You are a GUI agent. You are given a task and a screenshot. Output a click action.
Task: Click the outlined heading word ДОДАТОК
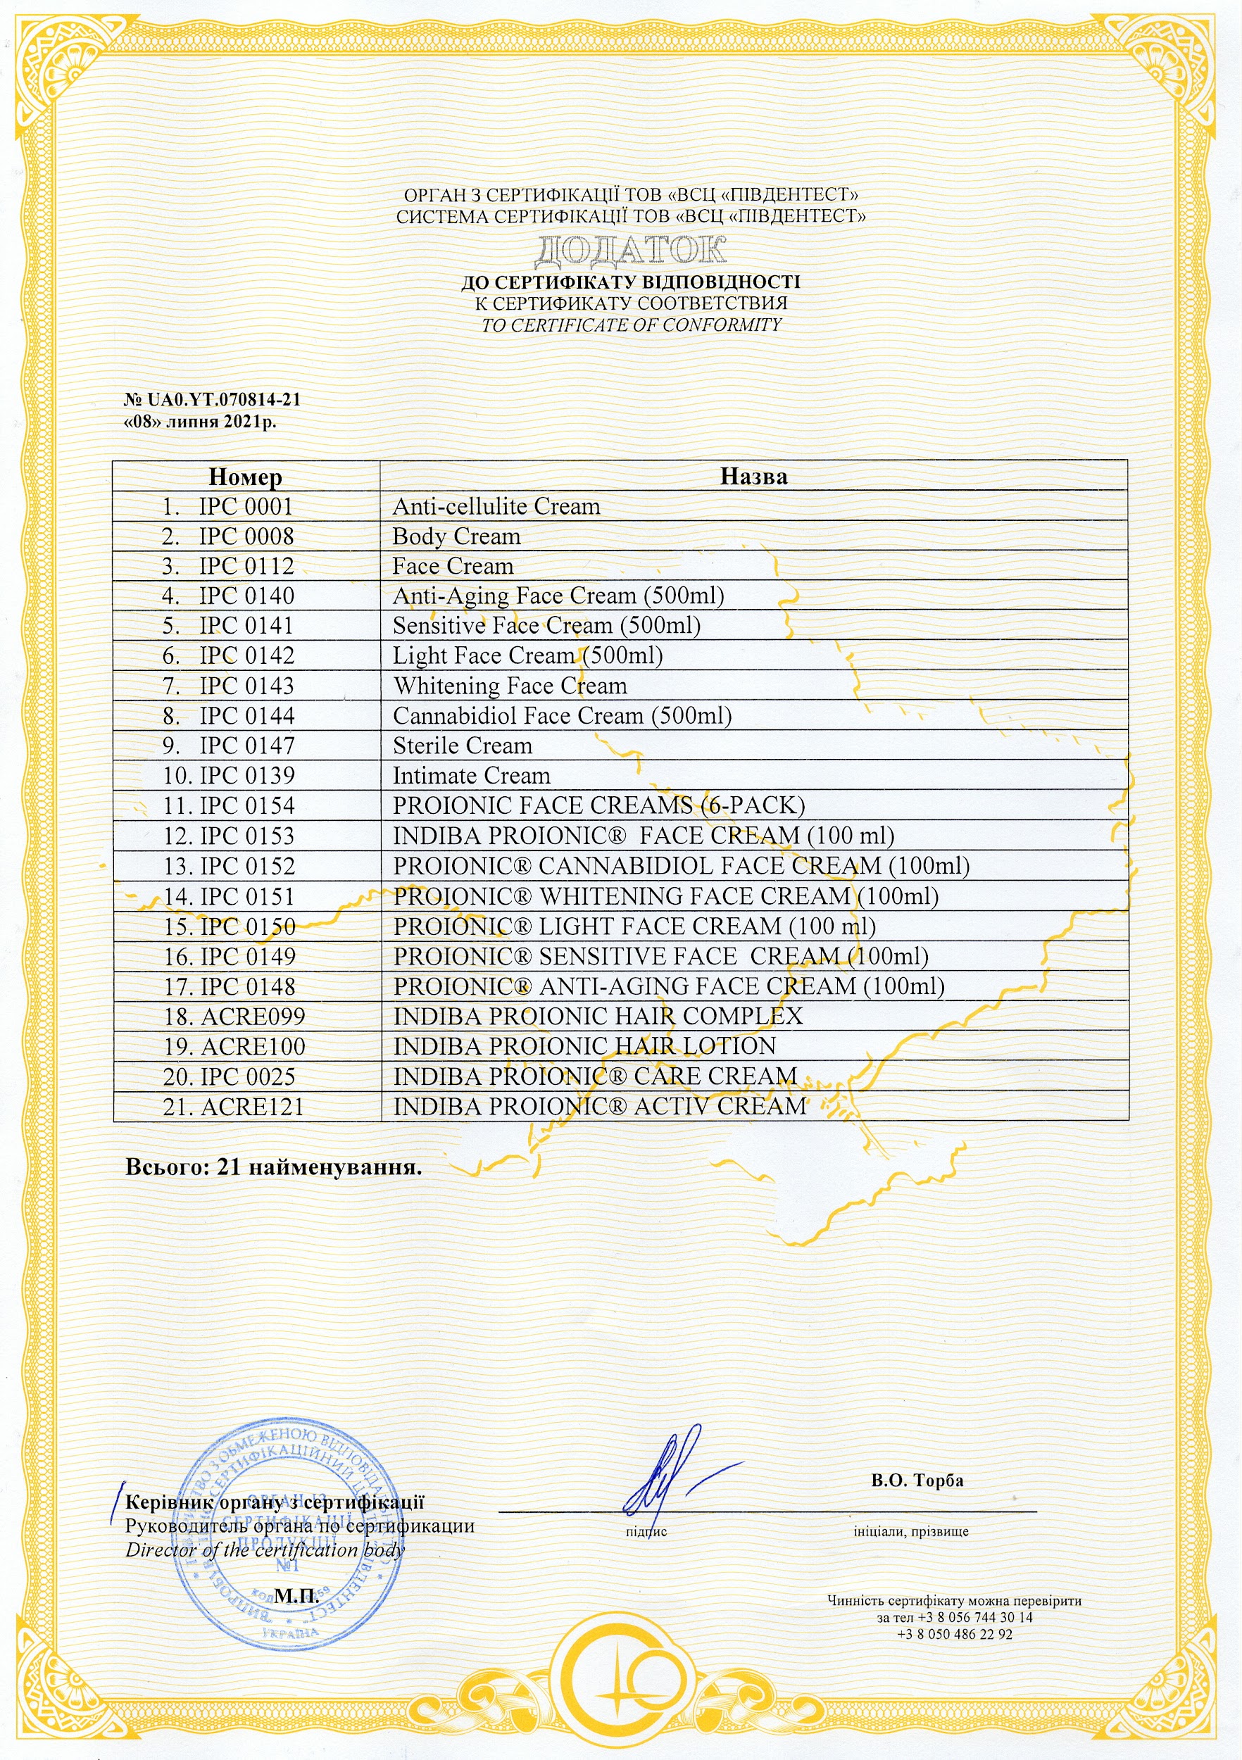pyautogui.click(x=630, y=251)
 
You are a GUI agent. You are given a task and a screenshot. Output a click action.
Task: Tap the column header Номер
pyautogui.click(x=245, y=477)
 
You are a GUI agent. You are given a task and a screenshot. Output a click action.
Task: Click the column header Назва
pyautogui.click(x=753, y=476)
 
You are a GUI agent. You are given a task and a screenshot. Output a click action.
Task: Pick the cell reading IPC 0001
pyautogui.click(x=245, y=507)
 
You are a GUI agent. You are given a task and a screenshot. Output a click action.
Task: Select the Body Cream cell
pyautogui.click(x=456, y=536)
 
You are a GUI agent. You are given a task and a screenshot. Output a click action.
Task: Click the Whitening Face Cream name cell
pyautogui.click(x=510, y=686)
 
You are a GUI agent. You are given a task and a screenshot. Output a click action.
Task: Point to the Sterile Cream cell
pyautogui.click(x=463, y=746)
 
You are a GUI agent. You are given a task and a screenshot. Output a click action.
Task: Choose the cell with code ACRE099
pyautogui.click(x=252, y=1017)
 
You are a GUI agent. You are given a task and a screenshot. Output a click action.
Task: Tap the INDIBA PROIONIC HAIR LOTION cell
pyautogui.click(x=584, y=1046)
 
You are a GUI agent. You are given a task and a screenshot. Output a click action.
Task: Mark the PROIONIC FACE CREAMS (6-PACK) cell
pyautogui.click(x=598, y=805)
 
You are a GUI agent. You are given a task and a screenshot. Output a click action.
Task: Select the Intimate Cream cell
pyautogui.click(x=472, y=776)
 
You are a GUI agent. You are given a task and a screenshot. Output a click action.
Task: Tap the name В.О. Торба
pyautogui.click(x=917, y=1481)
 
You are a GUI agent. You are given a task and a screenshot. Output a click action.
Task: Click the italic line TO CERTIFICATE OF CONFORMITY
pyautogui.click(x=631, y=325)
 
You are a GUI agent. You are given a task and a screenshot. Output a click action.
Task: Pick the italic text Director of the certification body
pyautogui.click(x=265, y=1550)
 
